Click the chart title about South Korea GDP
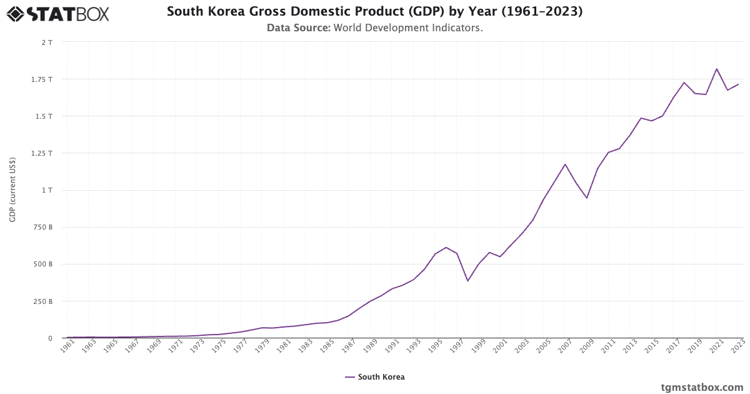click(x=374, y=11)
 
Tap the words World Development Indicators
click(x=407, y=28)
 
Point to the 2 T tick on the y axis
click(x=47, y=42)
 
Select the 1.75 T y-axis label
click(x=42, y=79)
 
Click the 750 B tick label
click(x=43, y=227)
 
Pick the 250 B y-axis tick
click(x=43, y=301)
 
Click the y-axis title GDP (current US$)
click(x=12, y=190)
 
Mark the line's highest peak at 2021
click(x=717, y=69)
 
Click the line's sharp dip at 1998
click(x=467, y=281)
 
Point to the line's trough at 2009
click(x=587, y=198)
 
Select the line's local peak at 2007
click(x=565, y=164)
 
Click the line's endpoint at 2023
click(x=738, y=84)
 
